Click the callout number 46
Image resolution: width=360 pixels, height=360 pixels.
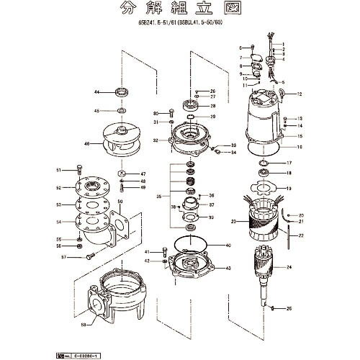point(86,144)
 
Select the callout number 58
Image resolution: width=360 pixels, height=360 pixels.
point(84,325)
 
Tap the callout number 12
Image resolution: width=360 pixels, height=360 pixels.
point(300,94)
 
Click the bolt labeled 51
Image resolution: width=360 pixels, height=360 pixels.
point(77,171)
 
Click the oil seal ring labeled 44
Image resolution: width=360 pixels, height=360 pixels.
point(120,92)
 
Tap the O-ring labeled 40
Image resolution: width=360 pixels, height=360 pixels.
point(190,244)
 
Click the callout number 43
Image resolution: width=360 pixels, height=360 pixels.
point(228,268)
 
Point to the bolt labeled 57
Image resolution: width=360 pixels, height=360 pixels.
point(89,256)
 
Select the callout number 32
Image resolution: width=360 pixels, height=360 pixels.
point(156,140)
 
